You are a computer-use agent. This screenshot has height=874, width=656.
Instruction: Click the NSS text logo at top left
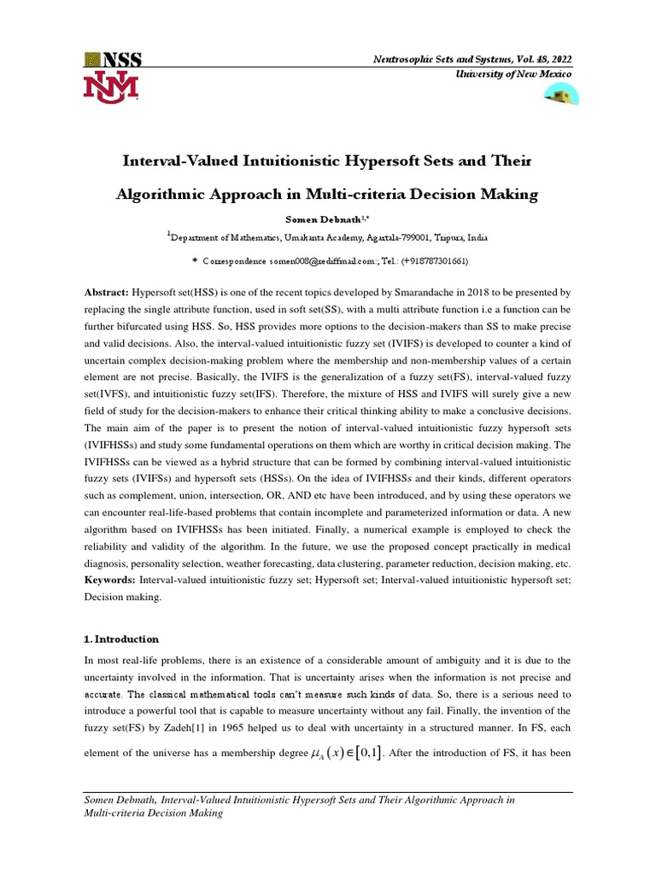tap(113, 59)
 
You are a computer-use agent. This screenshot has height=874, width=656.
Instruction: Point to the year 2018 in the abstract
tap(488, 292)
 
